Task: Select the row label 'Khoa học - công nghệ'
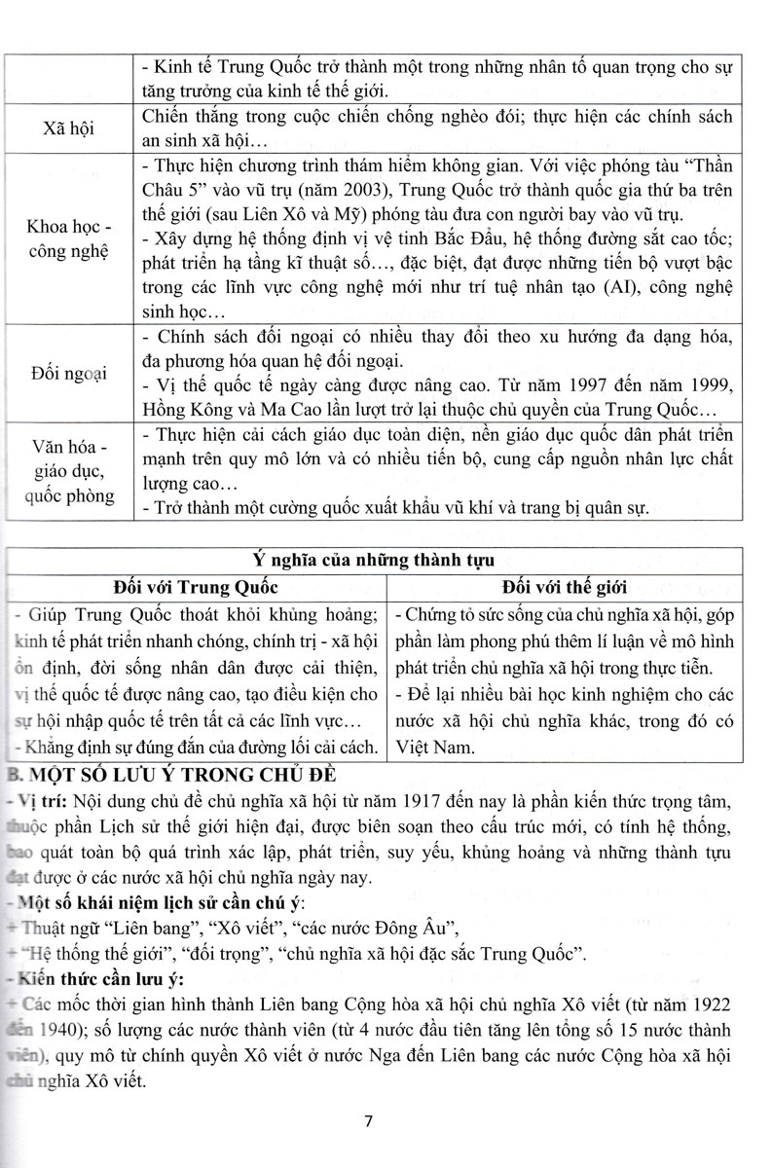[x=67, y=239]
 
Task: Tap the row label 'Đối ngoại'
[x=67, y=374]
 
